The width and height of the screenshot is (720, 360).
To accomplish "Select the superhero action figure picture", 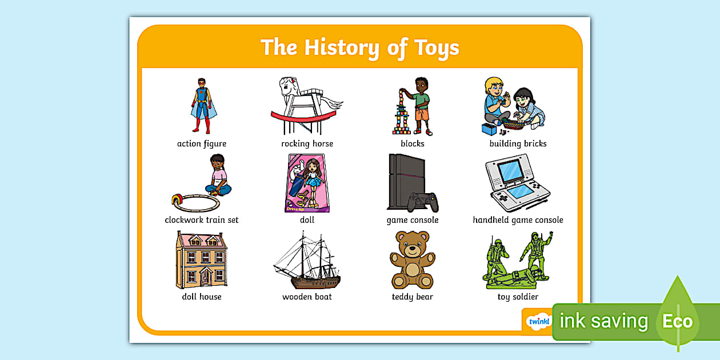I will [x=202, y=106].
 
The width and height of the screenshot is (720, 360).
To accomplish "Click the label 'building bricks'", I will [x=518, y=143].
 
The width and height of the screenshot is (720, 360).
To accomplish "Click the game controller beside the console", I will [x=423, y=201].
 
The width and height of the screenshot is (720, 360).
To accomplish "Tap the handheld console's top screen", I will [x=509, y=169].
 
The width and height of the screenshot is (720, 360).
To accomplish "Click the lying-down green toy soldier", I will [x=511, y=278].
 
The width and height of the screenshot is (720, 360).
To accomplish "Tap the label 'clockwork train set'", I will [x=202, y=220].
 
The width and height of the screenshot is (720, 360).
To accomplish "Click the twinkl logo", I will [x=538, y=321].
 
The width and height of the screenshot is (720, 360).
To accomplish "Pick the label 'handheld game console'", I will [x=518, y=220].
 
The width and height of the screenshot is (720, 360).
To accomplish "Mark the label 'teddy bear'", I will [x=412, y=297].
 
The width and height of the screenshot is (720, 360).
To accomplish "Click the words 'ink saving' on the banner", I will [x=603, y=321].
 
